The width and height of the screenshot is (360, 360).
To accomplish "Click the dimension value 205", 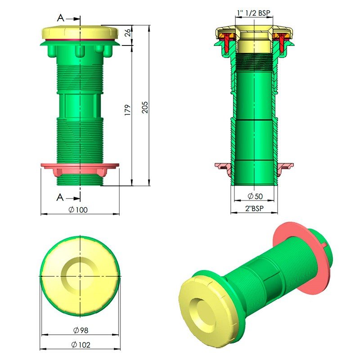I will tap(144, 107).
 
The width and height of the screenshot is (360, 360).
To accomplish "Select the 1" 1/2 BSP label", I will tap(255, 13).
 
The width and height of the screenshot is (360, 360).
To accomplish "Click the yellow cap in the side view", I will tap(80, 33).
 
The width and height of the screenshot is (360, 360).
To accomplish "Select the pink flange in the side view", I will tap(80, 169).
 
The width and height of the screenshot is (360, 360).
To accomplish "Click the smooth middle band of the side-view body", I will tap(80, 105).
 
